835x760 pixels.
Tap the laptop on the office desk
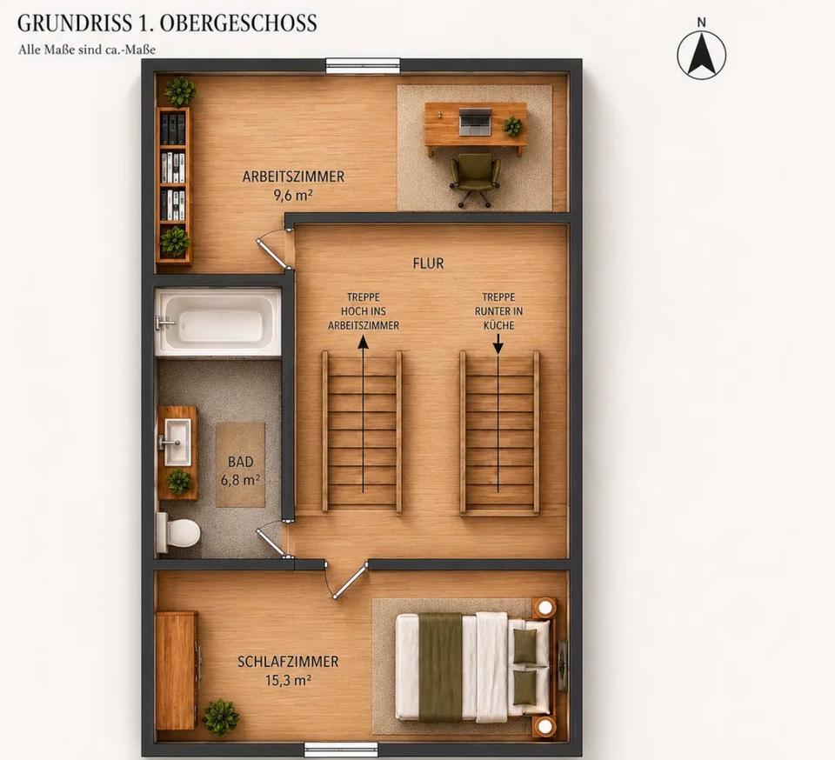pos(476,121)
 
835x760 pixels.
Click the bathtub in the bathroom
pos(217,322)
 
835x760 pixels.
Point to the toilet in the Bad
pos(177,532)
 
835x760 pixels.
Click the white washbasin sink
pos(176,442)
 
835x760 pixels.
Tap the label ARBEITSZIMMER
pos(293,177)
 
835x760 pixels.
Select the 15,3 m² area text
pos(288,680)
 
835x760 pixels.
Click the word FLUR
pos(428,263)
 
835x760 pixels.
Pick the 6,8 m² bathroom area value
pos(240,480)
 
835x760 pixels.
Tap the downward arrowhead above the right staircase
pos(498,347)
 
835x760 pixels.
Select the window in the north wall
pos(363,66)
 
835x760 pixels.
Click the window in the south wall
pos(341,750)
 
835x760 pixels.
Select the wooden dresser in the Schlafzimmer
pos(177,670)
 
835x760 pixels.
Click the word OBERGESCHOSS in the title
pos(238,23)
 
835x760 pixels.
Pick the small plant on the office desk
pos(513,126)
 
